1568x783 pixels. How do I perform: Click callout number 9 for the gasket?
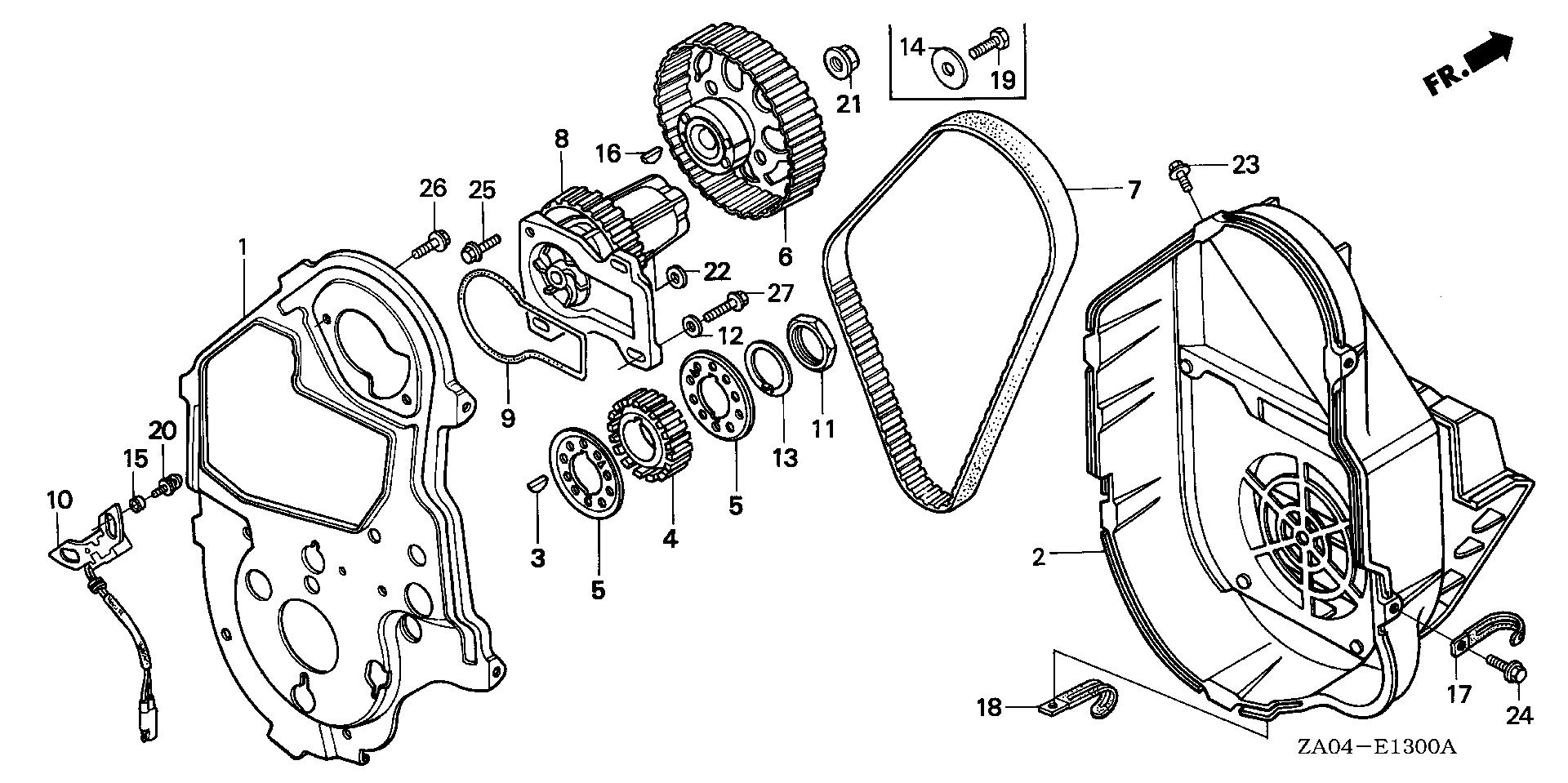(508, 420)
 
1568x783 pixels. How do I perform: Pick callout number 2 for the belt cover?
(1039, 558)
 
